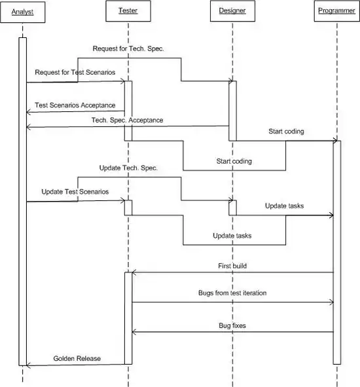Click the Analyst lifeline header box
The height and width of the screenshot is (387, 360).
(23, 12)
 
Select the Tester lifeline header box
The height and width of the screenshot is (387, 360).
(128, 11)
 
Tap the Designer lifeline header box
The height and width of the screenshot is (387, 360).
(232, 11)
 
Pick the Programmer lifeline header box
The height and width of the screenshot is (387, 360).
(336, 11)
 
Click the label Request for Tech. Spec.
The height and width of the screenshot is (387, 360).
(128, 48)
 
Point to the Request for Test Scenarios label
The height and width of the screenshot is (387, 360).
(75, 72)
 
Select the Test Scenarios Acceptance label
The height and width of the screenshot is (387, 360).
(75, 105)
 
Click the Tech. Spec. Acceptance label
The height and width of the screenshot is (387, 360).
(128, 120)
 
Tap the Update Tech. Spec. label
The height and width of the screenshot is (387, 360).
(128, 168)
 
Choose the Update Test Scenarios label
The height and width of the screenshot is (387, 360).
(75, 192)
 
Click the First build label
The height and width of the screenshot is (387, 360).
(232, 266)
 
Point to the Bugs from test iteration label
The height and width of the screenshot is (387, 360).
(232, 293)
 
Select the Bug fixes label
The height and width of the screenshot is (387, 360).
(232, 325)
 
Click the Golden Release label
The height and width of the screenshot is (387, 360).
(77, 358)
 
